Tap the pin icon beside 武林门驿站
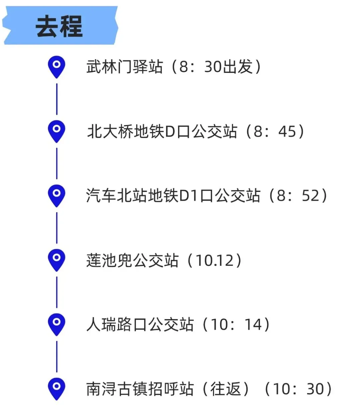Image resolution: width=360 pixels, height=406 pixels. (57, 66)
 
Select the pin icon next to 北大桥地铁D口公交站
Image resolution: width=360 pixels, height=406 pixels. (57, 130)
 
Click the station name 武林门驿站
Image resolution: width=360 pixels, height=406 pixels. (125, 67)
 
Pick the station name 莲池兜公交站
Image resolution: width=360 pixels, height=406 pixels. (132, 260)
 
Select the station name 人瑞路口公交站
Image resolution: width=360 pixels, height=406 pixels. (140, 324)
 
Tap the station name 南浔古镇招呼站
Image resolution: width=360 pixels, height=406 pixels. (140, 389)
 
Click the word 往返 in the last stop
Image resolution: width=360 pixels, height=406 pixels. (226, 389)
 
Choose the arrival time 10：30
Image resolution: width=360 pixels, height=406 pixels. (298, 389)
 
